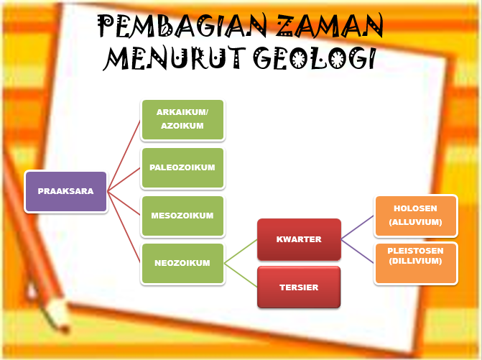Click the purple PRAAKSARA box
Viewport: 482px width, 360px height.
[x=65, y=192]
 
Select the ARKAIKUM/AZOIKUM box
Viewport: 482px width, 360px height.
[x=183, y=119]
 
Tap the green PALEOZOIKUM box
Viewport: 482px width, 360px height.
[x=183, y=167]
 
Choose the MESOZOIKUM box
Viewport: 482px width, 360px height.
[x=183, y=216]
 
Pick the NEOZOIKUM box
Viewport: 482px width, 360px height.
[x=183, y=263]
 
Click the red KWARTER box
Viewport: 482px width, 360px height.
[x=299, y=239]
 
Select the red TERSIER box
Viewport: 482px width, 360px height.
[x=299, y=287]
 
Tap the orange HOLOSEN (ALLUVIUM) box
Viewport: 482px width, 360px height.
[x=415, y=216]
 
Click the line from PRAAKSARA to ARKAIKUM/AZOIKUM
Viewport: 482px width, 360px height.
[x=124, y=154]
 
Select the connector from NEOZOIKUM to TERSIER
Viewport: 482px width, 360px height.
[x=241, y=276]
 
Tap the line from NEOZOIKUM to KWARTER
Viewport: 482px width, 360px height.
[x=241, y=251]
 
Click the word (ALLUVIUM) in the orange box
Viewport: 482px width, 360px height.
[x=415, y=222]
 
